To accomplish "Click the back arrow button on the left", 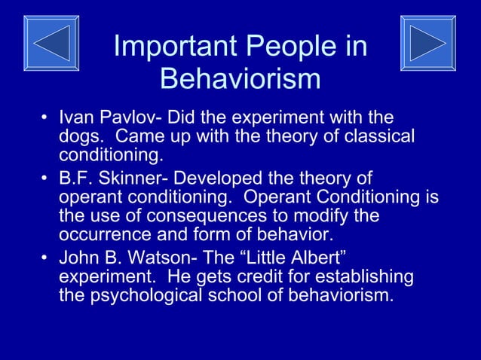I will (x=51, y=43).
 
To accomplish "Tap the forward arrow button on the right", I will (x=427, y=43).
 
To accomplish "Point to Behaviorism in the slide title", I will (x=240, y=78).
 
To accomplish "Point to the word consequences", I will (x=175, y=216).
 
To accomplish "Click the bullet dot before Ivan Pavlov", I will (x=46, y=118).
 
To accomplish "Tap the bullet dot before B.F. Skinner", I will (x=46, y=179).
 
